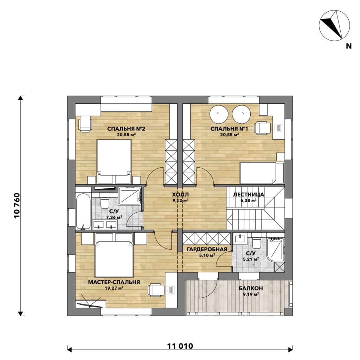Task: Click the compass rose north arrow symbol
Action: (334, 25)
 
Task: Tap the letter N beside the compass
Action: (348, 46)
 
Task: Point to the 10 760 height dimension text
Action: (17, 205)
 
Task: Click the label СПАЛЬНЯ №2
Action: (126, 129)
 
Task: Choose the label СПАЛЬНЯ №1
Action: (229, 129)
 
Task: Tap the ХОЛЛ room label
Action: (180, 195)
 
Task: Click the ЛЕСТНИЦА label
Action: (249, 195)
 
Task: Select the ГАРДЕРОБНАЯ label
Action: (207, 249)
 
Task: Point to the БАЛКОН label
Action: (250, 288)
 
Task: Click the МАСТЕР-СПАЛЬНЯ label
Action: (114, 282)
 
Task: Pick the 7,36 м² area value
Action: (114, 217)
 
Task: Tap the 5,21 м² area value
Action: (251, 259)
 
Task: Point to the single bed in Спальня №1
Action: (262, 173)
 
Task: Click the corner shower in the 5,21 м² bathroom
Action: (276, 251)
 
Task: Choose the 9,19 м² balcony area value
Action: (251, 294)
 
